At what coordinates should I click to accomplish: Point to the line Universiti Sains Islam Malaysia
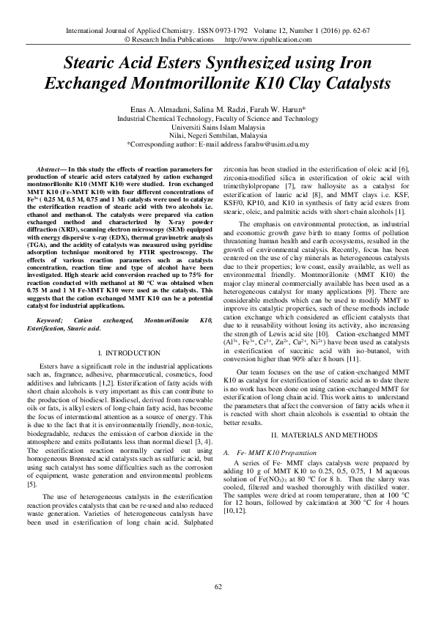[x=218, y=126]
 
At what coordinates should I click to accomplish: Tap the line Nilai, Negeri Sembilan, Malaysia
[x=218, y=135]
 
